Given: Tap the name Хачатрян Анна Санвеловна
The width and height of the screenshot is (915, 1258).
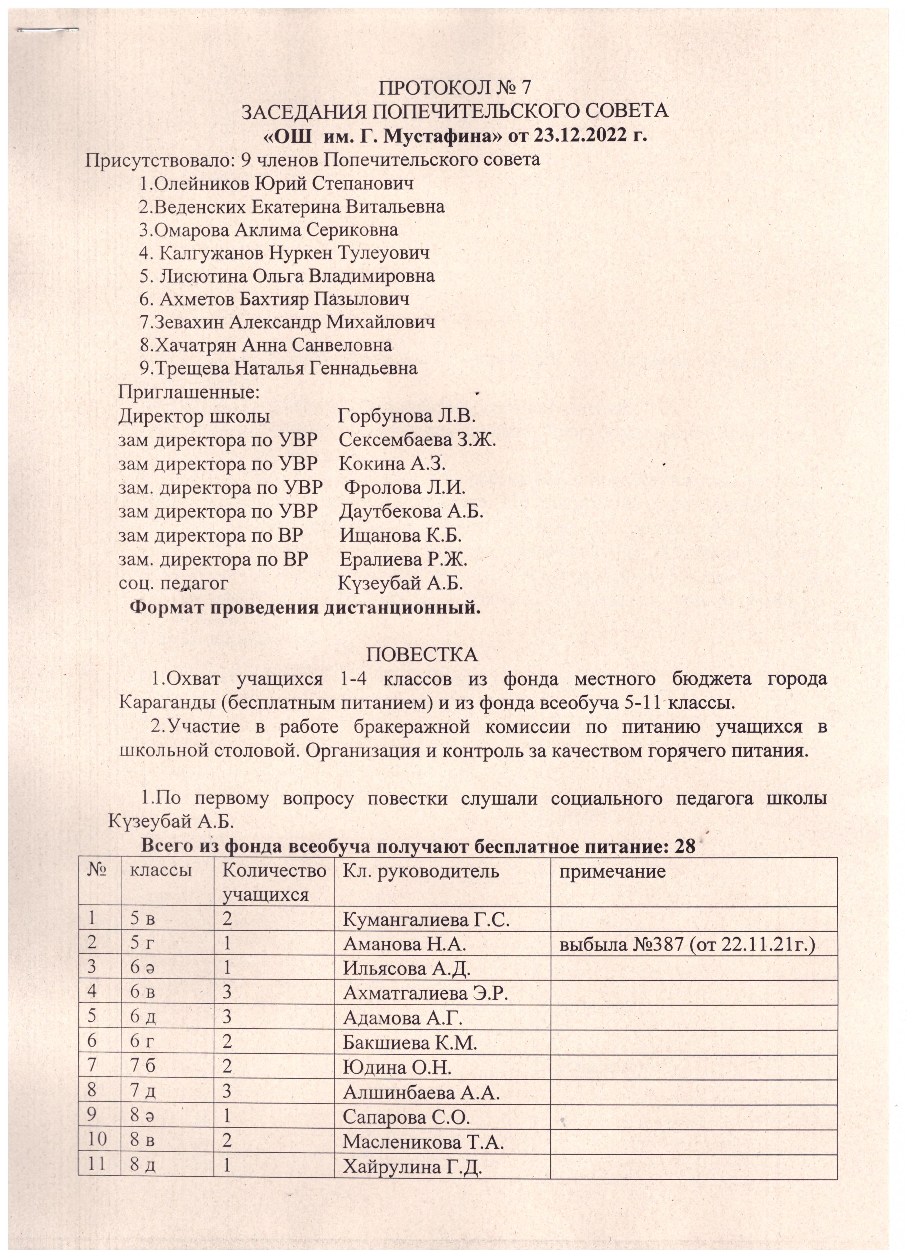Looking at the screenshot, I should click(266, 345).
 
